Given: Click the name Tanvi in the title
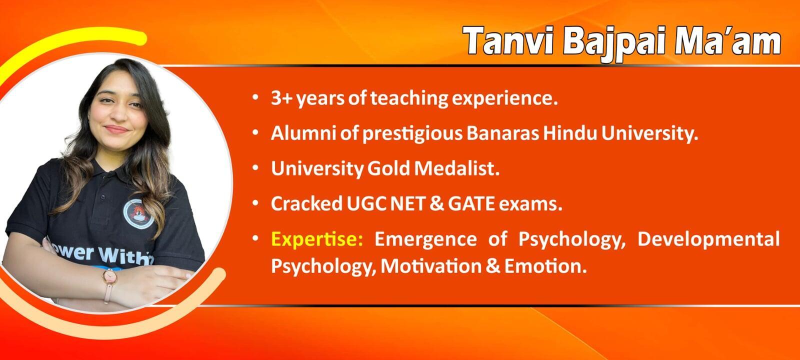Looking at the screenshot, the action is click(x=509, y=41).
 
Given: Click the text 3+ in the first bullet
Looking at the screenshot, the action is click(x=282, y=98).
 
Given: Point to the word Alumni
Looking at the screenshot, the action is click(x=303, y=133).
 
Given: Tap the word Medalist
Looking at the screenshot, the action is click(x=457, y=168).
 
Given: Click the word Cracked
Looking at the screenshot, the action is click(x=306, y=203).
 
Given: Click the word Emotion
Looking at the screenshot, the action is click(x=545, y=266).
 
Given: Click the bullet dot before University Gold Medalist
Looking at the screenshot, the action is click(x=255, y=167).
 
